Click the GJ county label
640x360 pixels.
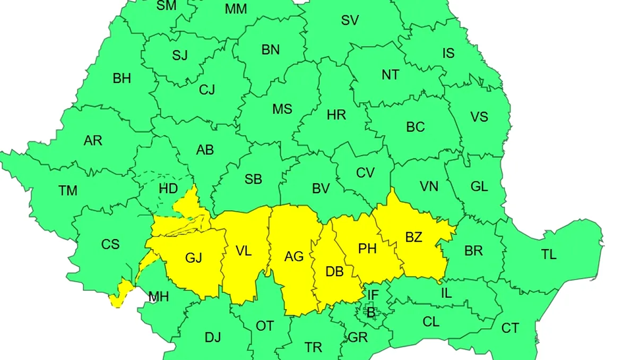click(194, 258)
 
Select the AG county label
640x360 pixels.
click(294, 256)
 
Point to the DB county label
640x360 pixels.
click(334, 272)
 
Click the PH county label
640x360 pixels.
click(367, 248)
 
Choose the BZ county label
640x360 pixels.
click(413, 237)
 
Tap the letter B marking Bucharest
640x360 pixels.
click(370, 313)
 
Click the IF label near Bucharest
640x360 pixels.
click(373, 295)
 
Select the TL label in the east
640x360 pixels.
click(549, 254)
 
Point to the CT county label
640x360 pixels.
click(510, 328)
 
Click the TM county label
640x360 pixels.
click(68, 190)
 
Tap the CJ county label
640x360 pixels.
click(207, 90)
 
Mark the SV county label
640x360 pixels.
click(350, 21)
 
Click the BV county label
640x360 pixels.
click(321, 188)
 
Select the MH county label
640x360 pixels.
click(158, 296)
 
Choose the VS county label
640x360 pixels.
click(479, 116)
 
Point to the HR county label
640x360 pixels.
click(336, 114)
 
